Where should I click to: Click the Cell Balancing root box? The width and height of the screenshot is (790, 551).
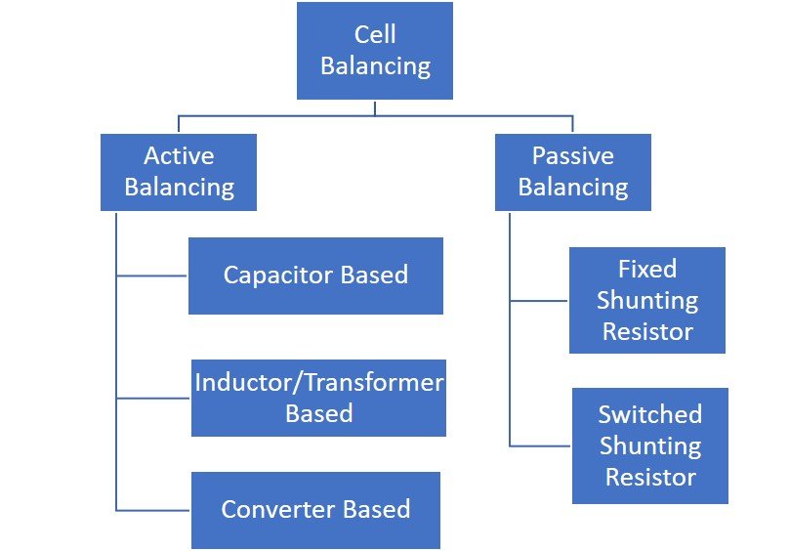pos(375,51)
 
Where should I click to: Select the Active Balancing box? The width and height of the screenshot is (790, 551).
pos(179,172)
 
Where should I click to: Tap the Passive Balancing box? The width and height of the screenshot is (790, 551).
pos(573,172)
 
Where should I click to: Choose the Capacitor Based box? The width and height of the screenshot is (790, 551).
pos(315,275)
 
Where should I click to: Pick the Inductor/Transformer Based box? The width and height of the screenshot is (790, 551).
pos(318,399)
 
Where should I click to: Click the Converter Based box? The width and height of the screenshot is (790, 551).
pos(315,510)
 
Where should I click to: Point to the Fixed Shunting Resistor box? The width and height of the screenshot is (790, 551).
pos(647,300)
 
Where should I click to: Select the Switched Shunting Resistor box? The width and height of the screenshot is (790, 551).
pos(650,445)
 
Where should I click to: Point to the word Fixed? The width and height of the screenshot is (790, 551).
pos(647,269)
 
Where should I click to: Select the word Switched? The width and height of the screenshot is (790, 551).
pos(650,414)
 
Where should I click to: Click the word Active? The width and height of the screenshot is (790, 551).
pos(179,156)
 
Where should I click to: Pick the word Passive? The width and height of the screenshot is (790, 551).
pos(573,156)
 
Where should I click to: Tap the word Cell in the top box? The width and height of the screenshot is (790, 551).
pos(375,35)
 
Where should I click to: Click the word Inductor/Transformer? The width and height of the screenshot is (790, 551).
pos(318,382)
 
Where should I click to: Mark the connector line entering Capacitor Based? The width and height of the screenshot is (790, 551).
pos(152,275)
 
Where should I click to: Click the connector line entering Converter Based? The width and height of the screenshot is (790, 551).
pos(153,510)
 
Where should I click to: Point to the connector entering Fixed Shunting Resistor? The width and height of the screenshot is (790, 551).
pos(539,301)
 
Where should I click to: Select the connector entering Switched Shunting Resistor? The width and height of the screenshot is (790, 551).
pos(541,446)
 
